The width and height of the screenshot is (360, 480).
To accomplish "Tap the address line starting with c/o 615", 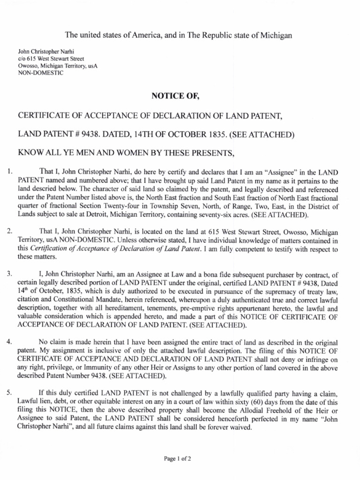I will point(51,59).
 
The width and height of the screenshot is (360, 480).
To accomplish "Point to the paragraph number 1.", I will point(9,171).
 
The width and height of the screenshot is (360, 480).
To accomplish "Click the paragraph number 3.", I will point(9,274).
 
